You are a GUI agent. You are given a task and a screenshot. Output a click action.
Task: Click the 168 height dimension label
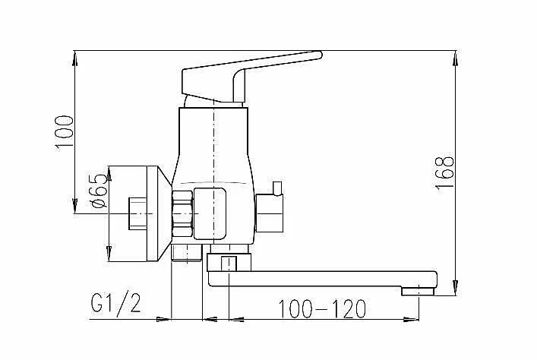(445, 173)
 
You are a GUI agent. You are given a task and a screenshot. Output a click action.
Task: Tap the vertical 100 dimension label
(64, 133)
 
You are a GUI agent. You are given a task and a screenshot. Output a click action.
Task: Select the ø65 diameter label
(98, 191)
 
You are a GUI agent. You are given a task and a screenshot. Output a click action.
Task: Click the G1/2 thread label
(115, 302)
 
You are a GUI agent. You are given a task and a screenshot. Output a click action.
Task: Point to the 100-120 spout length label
(322, 308)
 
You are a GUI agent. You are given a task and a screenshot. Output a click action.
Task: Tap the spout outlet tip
(418, 292)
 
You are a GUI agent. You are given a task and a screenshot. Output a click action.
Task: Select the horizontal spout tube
(323, 279)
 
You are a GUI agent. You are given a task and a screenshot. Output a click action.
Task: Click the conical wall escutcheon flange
(160, 213)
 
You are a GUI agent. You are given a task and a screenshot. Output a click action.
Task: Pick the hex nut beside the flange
(182, 213)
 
